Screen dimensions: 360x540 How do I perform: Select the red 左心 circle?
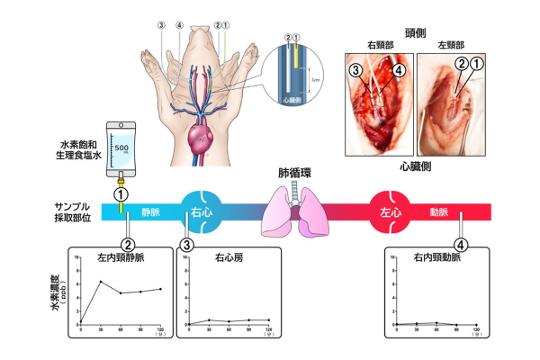click(392, 211)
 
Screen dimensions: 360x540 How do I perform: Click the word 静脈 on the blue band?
click(150, 212)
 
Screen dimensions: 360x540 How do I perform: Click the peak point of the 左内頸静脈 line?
click(101, 282)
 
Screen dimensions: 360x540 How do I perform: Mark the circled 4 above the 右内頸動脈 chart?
click(461, 243)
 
